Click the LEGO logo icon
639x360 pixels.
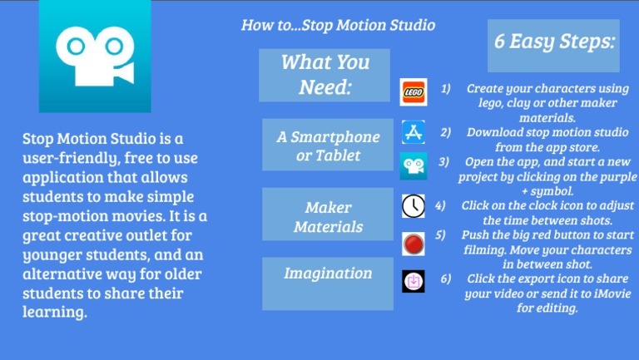pyautogui.click(x=413, y=92)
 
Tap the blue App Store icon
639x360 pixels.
pyautogui.click(x=413, y=132)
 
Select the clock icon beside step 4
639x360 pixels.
pyautogui.click(x=413, y=205)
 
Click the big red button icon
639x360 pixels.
pyautogui.click(x=413, y=244)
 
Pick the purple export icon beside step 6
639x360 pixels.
pyautogui.click(x=413, y=281)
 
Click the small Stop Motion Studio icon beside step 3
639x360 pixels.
pyautogui.click(x=413, y=166)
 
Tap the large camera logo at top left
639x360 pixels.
pyautogui.click(x=95, y=57)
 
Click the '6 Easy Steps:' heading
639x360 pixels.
pyautogui.click(x=553, y=42)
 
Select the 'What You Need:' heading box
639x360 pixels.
pyautogui.click(x=324, y=75)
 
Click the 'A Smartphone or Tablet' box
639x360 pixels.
pyautogui.click(x=328, y=145)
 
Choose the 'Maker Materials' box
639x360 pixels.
pyautogui.click(x=328, y=216)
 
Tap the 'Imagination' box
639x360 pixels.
pyautogui.click(x=328, y=274)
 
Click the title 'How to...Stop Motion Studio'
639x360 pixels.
pyautogui.click(x=338, y=25)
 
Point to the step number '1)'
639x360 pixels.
pyautogui.click(x=446, y=88)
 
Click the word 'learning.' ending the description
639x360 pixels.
pyautogui.click(x=54, y=313)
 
